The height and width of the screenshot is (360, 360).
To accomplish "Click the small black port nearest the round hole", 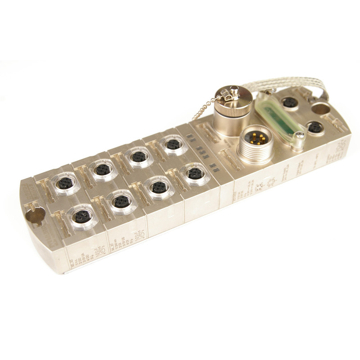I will click(288, 103).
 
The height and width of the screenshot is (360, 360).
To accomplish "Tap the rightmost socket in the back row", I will click(171, 144).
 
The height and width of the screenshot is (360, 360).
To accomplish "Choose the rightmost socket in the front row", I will click(194, 173).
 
